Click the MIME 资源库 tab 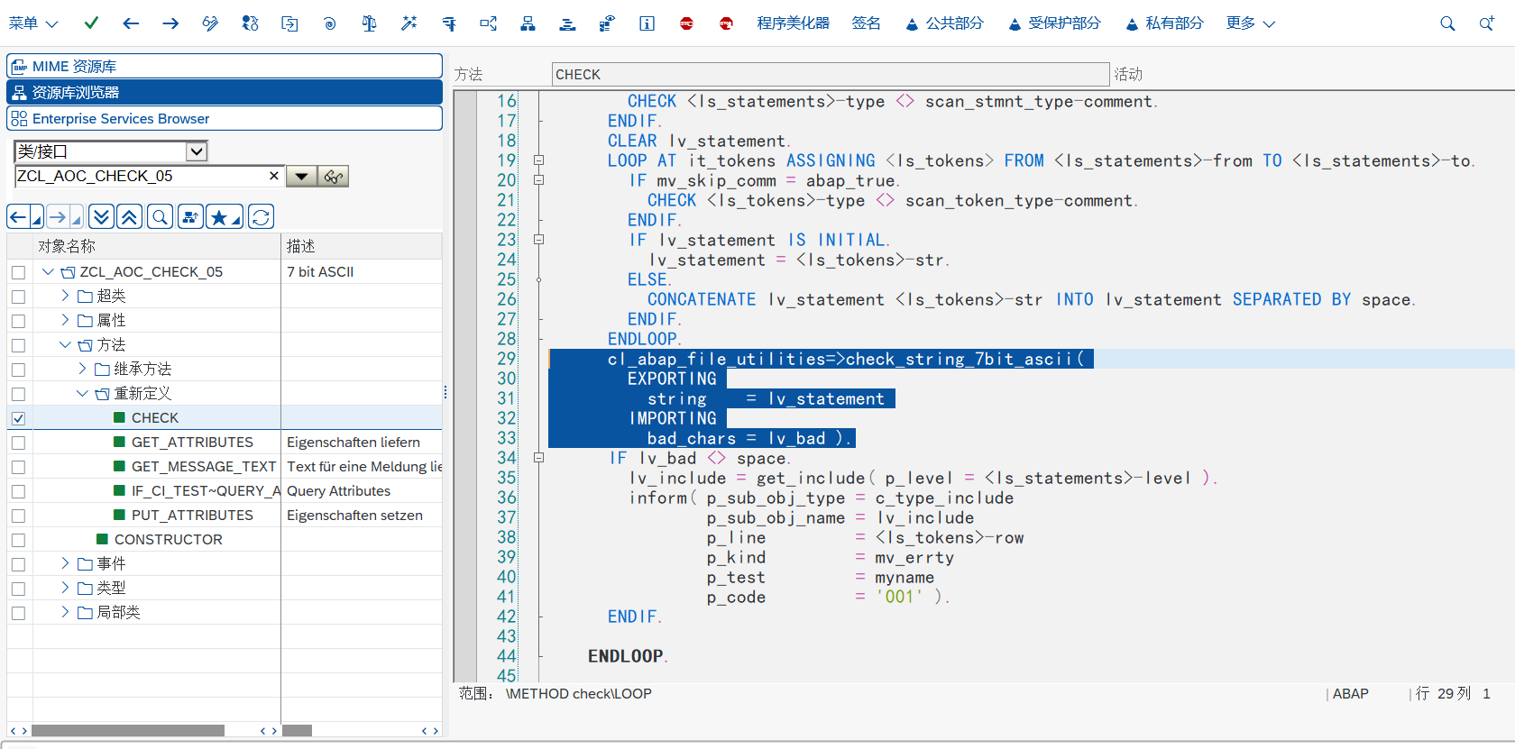coord(224,67)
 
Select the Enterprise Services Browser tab coord(224,119)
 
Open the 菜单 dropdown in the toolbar coord(32,23)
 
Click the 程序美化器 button coord(793,23)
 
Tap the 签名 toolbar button coord(866,23)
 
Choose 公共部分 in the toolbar coord(944,23)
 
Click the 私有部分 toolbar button coord(1165,23)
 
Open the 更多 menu coord(1250,23)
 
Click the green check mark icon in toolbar coord(91,23)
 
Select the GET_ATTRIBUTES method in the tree coord(192,442)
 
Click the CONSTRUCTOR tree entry coord(168,539)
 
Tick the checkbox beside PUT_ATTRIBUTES coord(18,516)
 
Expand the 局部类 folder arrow coord(65,612)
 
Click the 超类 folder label coord(111,296)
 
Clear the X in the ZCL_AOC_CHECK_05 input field coord(274,176)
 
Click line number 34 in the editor coord(506,458)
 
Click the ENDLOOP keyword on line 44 coord(625,656)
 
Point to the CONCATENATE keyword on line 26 coord(702,299)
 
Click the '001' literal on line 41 coord(899,597)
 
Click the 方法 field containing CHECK coord(831,74)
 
